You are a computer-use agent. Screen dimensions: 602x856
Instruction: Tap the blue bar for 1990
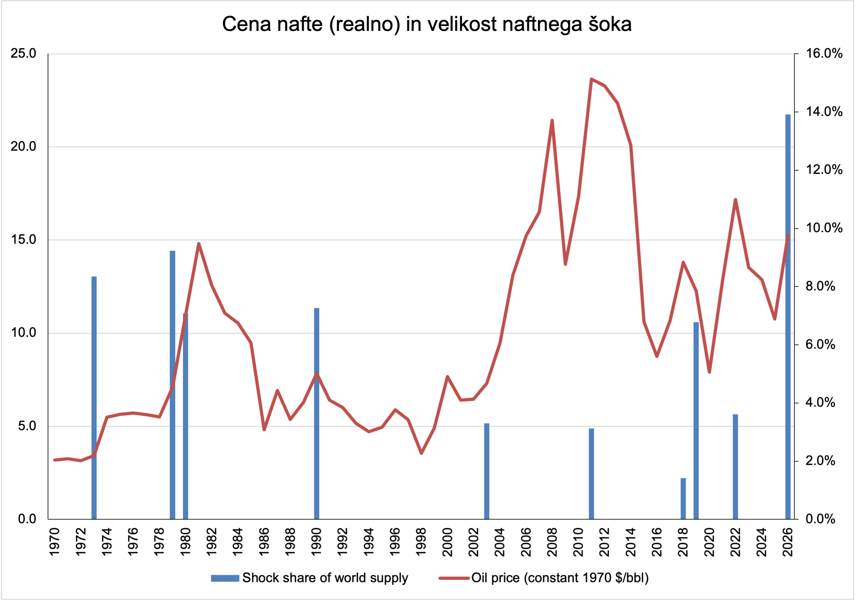click(317, 413)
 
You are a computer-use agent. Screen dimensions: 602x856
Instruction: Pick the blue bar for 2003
click(487, 471)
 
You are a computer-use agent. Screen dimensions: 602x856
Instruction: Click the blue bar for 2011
click(591, 474)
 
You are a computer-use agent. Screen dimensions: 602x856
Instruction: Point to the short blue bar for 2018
click(683, 498)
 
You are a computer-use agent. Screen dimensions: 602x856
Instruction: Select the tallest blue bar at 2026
click(788, 317)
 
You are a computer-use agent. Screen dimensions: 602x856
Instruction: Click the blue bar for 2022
click(735, 467)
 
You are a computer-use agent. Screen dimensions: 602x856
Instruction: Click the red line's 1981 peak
click(199, 244)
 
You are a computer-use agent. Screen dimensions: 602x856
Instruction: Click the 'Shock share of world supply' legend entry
click(309, 578)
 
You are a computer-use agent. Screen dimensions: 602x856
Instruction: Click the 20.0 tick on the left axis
click(24, 146)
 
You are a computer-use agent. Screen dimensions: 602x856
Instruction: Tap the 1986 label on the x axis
click(264, 541)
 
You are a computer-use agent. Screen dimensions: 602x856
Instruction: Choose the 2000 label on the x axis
click(447, 541)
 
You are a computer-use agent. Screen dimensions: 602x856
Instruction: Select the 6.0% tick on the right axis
click(820, 344)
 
